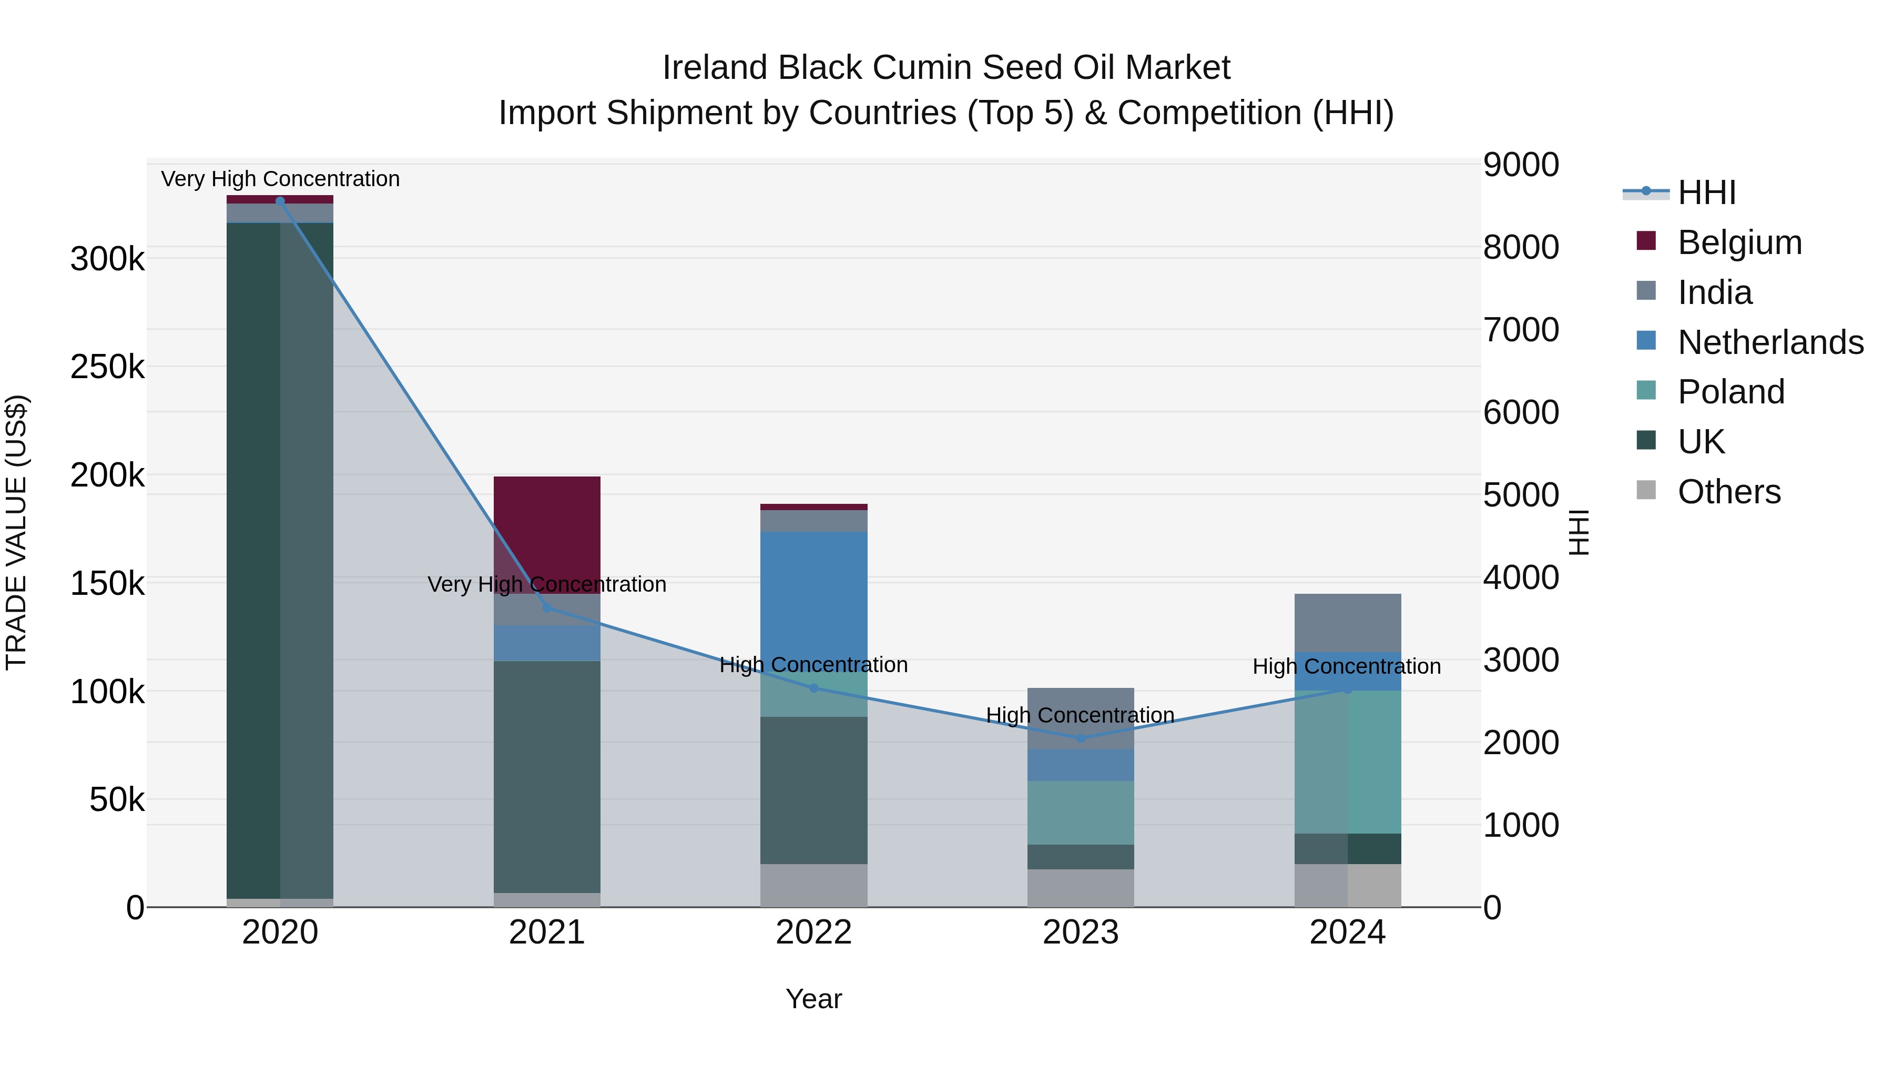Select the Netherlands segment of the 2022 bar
tap(813, 588)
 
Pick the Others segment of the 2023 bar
tap(1080, 888)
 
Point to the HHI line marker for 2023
tap(1080, 738)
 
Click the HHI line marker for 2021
tap(547, 608)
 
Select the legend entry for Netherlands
tap(1770, 342)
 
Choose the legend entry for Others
tap(1729, 492)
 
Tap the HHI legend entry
tap(1706, 192)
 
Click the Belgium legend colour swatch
tap(1646, 241)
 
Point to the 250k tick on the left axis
tap(107, 367)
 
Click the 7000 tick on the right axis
tap(1520, 329)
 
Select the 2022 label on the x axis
tap(813, 932)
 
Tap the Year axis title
tap(813, 999)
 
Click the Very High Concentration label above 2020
tap(280, 179)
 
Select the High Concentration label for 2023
tap(1080, 715)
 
